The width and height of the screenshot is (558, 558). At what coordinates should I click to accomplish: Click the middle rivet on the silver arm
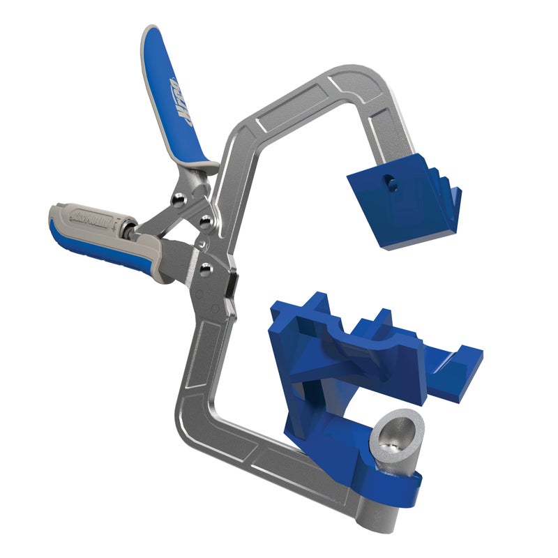[x=204, y=221]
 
